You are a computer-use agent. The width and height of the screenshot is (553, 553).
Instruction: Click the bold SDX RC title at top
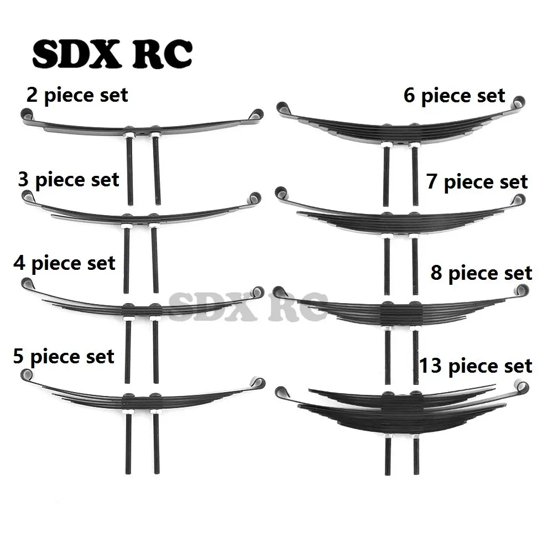(112, 54)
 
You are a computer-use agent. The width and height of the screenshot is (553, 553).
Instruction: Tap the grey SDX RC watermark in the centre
(248, 306)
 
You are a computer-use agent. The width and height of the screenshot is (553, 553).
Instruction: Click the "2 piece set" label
(77, 96)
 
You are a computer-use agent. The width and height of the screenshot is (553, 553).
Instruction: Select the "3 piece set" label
(69, 180)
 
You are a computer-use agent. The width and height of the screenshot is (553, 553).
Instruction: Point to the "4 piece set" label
(65, 264)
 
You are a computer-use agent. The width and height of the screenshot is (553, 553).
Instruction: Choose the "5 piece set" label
(64, 357)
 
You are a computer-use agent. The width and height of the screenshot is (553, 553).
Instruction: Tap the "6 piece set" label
(455, 96)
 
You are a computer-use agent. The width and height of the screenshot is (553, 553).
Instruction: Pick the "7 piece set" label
(477, 182)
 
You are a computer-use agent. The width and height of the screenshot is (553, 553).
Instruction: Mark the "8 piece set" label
(482, 273)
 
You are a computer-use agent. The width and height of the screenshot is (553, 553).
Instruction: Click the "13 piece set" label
(476, 366)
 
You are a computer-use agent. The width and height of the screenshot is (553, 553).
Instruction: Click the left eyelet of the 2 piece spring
(27, 114)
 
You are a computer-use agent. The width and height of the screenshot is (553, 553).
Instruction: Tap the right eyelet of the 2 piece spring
(257, 114)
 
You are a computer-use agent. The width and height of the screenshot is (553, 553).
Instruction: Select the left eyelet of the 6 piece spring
(283, 108)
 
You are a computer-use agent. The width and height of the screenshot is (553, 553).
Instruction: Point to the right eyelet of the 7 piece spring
(519, 200)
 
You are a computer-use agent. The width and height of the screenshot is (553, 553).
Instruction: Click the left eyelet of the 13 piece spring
(281, 393)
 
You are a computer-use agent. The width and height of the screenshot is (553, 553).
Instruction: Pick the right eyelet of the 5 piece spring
(258, 383)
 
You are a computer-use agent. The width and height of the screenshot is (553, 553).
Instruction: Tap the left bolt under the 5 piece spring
(128, 444)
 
